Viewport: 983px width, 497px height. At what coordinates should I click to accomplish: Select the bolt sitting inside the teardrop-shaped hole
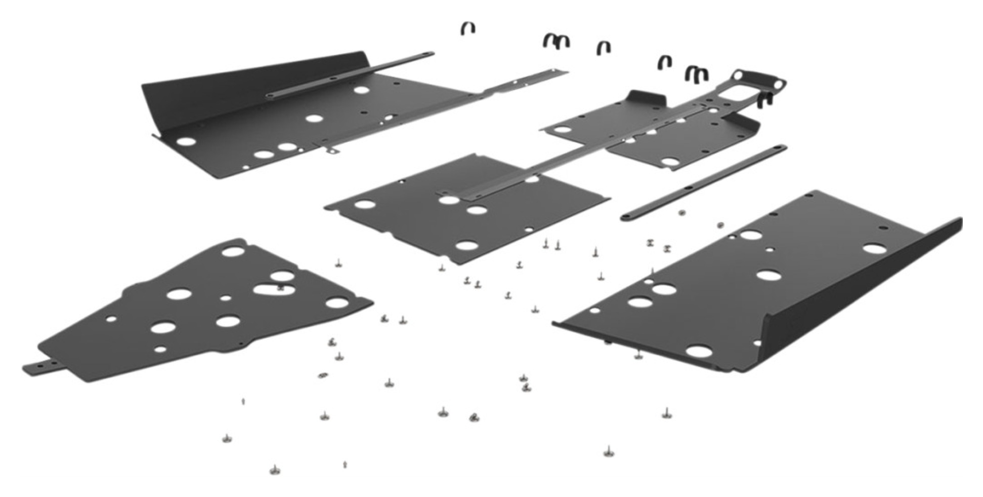(x=281, y=288)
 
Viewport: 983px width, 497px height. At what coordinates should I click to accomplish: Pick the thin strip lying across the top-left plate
(x=349, y=74)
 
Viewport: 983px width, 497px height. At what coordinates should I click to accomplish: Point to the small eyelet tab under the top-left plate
(x=332, y=149)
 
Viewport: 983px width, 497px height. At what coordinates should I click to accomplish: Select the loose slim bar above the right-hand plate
(x=703, y=182)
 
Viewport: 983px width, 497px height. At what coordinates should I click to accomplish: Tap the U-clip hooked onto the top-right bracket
(x=765, y=100)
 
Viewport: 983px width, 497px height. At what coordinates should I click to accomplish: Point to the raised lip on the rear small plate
(x=645, y=98)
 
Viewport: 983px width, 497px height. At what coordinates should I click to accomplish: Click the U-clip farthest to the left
(x=468, y=29)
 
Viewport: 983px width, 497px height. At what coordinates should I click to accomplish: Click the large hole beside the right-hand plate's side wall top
(x=874, y=249)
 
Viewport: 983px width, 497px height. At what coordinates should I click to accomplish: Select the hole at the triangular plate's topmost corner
(x=232, y=251)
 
